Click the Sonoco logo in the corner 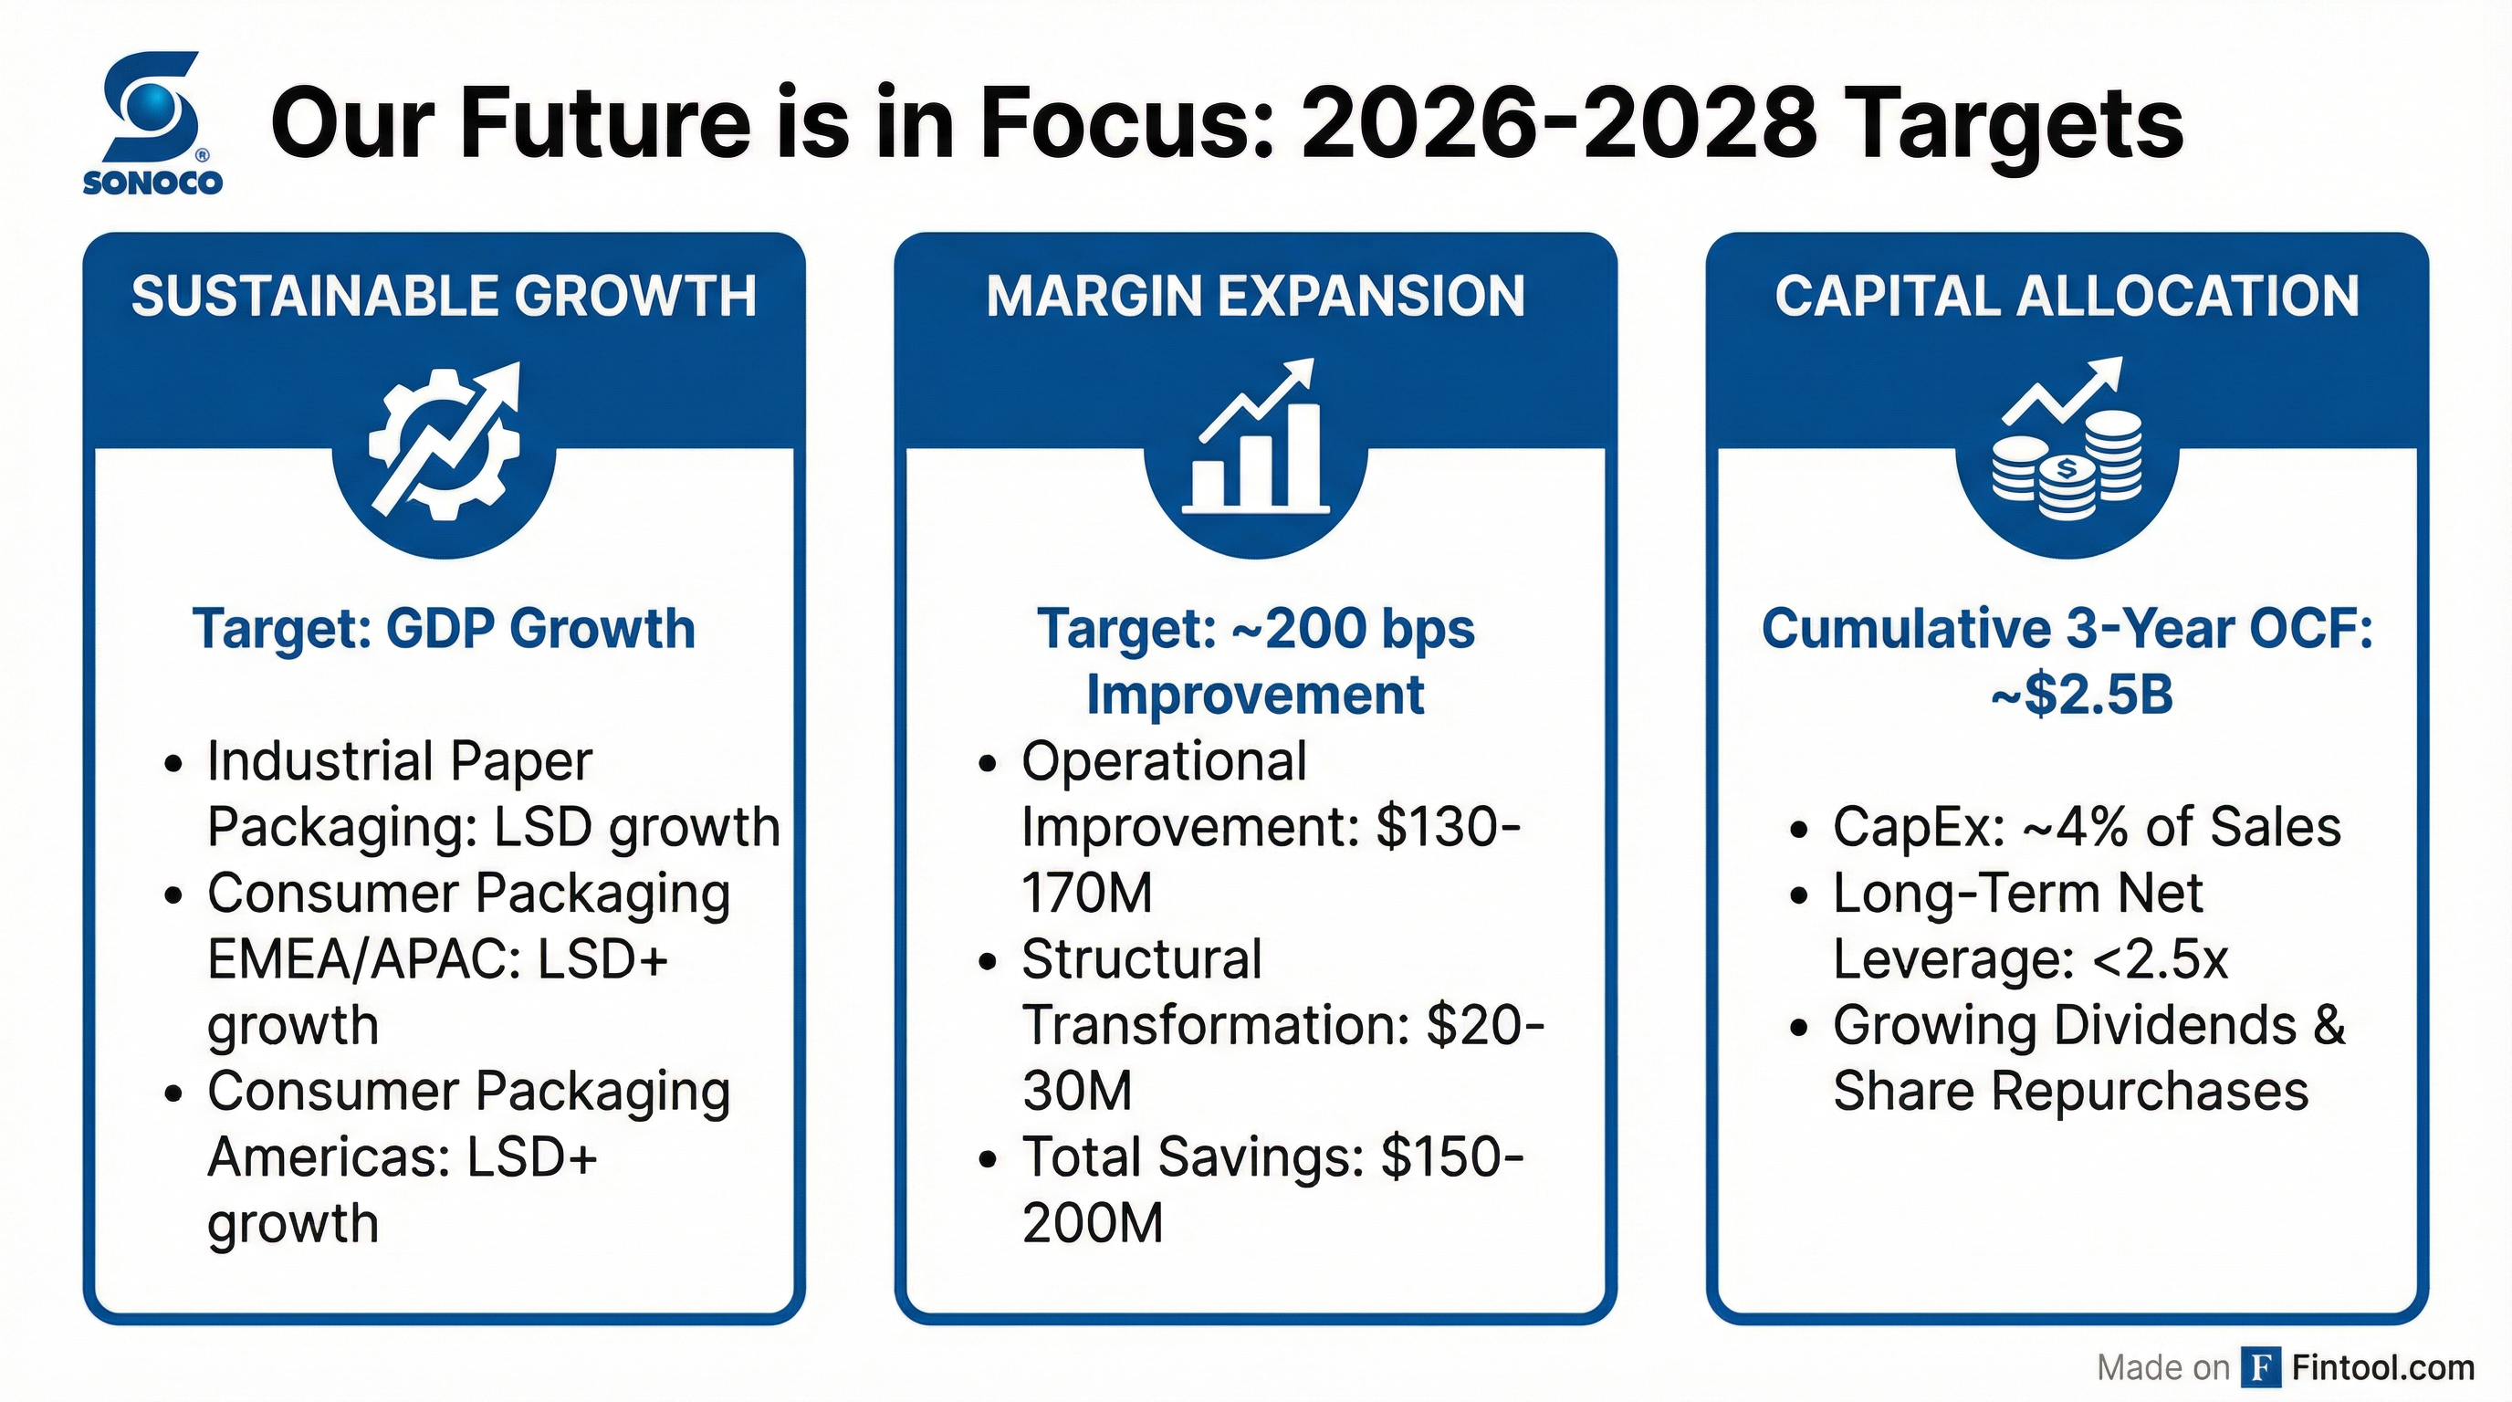pyautogui.click(x=152, y=122)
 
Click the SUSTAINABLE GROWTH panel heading pyautogui.click(x=444, y=297)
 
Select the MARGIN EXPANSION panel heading pyautogui.click(x=1255, y=297)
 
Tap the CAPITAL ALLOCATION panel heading pyautogui.click(x=2067, y=297)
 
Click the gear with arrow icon pyautogui.click(x=445, y=444)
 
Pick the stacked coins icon pyautogui.click(x=2067, y=444)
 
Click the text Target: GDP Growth pyautogui.click(x=444, y=629)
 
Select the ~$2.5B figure pyautogui.click(x=2081, y=696)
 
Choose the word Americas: pyautogui.click(x=328, y=1157)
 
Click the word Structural pyautogui.click(x=1142, y=959)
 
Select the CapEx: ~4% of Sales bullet pyautogui.click(x=2087, y=827)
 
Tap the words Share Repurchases pyautogui.click(x=2070, y=1091)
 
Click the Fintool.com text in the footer pyautogui.click(x=2382, y=1367)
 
